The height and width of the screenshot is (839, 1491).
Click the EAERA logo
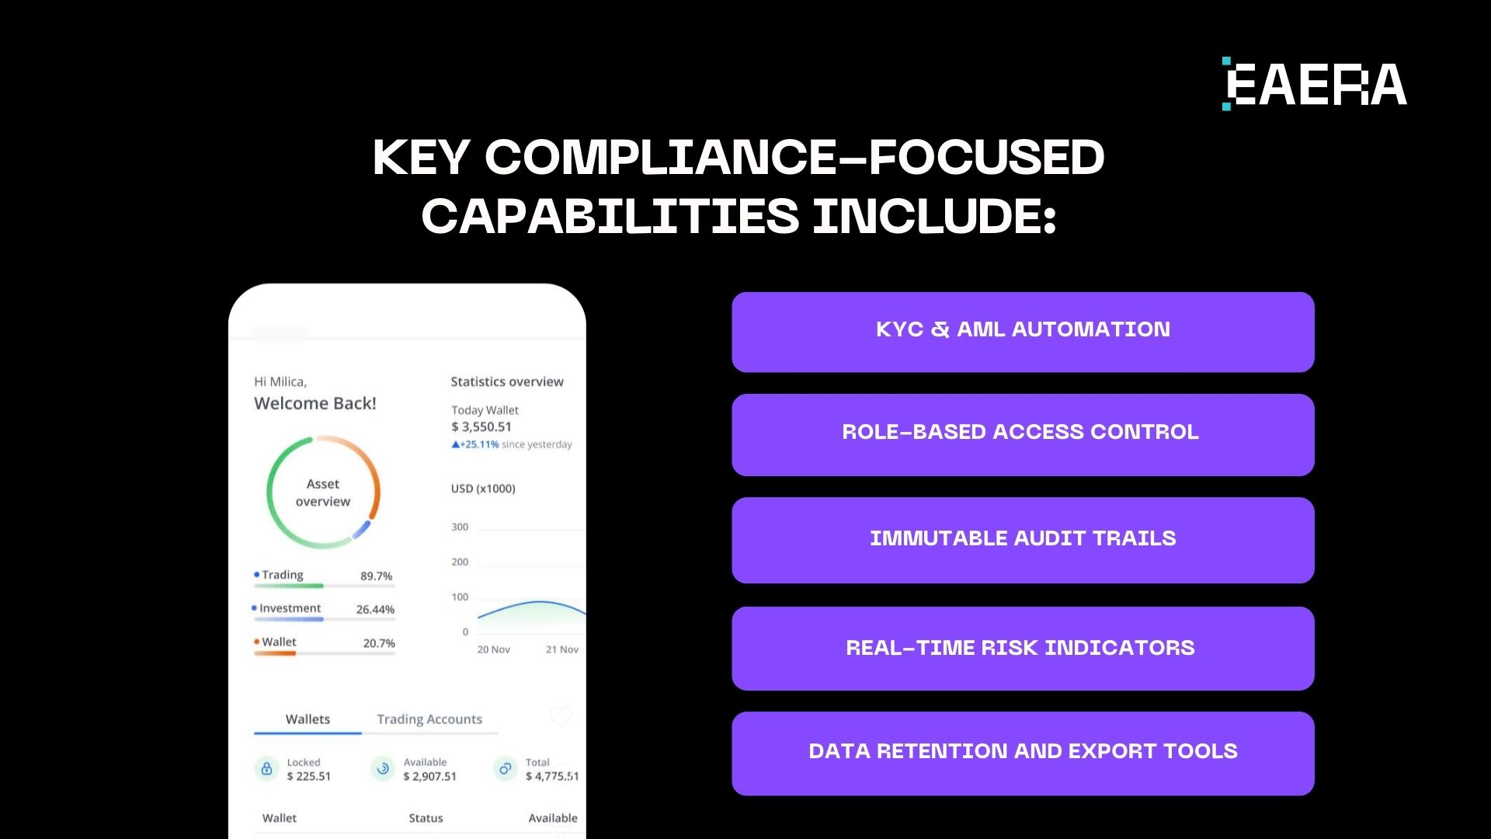(x=1315, y=84)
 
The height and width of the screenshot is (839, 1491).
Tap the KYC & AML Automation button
(x=1023, y=332)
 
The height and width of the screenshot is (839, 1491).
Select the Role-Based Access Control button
(x=1023, y=434)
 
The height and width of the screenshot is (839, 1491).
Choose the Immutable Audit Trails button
(x=1023, y=540)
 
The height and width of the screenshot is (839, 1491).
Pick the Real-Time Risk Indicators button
(x=1023, y=649)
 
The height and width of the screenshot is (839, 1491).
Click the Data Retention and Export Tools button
(x=1023, y=753)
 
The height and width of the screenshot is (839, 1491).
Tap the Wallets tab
(x=308, y=719)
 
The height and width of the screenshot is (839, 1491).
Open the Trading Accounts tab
(x=429, y=719)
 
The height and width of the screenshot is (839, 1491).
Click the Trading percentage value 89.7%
(x=376, y=576)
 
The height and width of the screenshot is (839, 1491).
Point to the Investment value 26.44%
(x=375, y=610)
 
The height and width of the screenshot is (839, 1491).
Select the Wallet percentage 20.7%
(x=379, y=643)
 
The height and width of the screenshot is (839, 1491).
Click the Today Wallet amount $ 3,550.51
(x=481, y=426)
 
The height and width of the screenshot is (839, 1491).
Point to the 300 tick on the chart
(x=460, y=527)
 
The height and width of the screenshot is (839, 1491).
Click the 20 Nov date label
(x=493, y=649)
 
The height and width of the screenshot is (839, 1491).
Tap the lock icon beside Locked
(x=266, y=769)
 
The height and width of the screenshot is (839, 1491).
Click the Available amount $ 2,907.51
(x=429, y=776)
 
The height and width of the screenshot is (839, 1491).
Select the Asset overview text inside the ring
(x=323, y=493)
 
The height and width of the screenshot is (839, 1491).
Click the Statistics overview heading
(x=507, y=381)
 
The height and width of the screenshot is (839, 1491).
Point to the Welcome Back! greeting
(x=315, y=403)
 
